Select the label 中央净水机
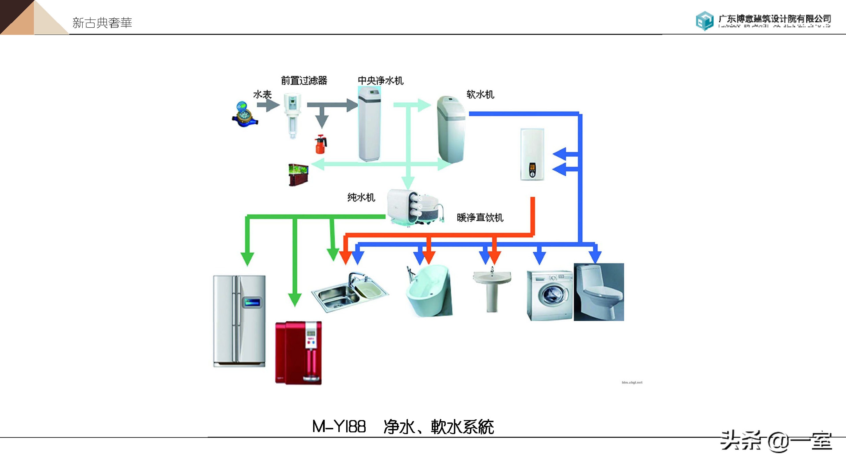click(x=380, y=81)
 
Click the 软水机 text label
click(x=480, y=95)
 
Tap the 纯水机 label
click(x=361, y=197)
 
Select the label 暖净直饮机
click(x=480, y=217)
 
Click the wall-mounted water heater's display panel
click(x=532, y=171)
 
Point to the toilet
click(x=599, y=292)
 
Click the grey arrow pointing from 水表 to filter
click(x=268, y=105)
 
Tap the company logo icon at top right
click(x=705, y=20)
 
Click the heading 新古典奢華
click(x=102, y=23)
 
